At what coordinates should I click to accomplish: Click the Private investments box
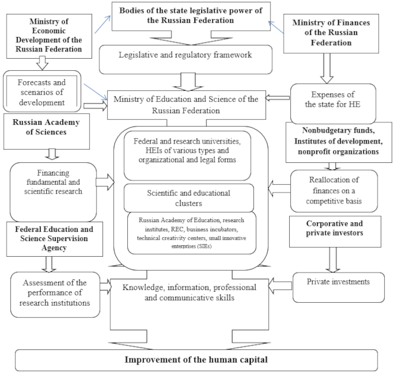338,281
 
